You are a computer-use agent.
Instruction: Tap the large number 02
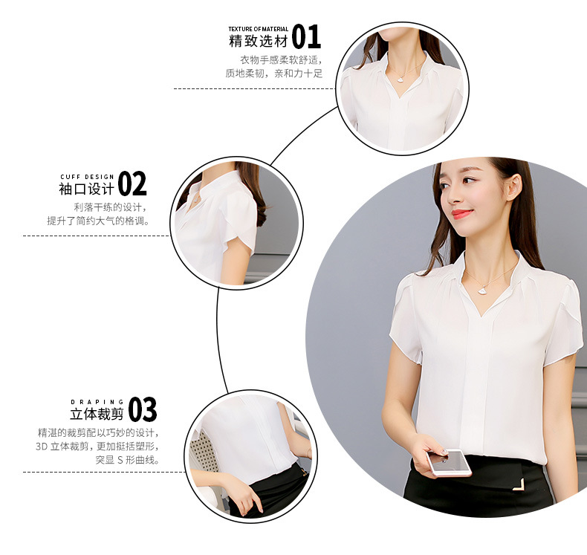point(132,183)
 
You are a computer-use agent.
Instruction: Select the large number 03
point(143,409)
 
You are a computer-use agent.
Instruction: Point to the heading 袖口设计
point(86,188)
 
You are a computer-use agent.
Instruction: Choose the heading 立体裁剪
point(97,415)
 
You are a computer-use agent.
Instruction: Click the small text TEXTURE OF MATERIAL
point(258,29)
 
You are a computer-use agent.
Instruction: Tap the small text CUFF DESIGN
point(87,177)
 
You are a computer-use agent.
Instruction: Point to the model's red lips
point(462,214)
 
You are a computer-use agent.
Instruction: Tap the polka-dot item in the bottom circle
point(205,454)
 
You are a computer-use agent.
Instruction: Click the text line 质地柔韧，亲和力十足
point(274,74)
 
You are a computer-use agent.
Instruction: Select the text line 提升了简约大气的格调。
point(97,221)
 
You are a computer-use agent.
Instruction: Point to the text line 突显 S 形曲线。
point(127,460)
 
